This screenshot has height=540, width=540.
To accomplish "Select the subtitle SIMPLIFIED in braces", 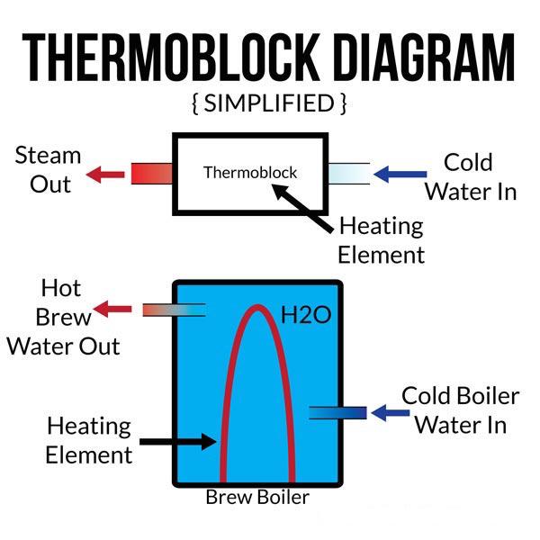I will (x=269, y=103).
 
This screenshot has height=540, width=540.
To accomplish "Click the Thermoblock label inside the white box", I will (x=249, y=172).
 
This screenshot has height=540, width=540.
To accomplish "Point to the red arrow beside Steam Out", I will (x=107, y=172).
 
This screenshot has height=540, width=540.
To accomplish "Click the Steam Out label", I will (x=49, y=169).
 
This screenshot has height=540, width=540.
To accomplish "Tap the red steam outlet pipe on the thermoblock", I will (x=151, y=172).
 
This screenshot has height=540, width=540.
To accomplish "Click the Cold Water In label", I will (x=471, y=176).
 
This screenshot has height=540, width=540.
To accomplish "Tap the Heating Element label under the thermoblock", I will (x=381, y=239).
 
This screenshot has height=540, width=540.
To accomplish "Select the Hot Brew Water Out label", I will (x=64, y=317).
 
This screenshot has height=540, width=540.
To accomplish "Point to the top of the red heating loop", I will (x=257, y=310).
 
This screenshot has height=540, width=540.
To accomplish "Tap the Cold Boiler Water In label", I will (x=461, y=409).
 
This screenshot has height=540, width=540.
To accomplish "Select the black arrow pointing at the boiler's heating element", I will (x=179, y=441).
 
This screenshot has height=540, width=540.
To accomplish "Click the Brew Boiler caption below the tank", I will (x=257, y=497).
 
